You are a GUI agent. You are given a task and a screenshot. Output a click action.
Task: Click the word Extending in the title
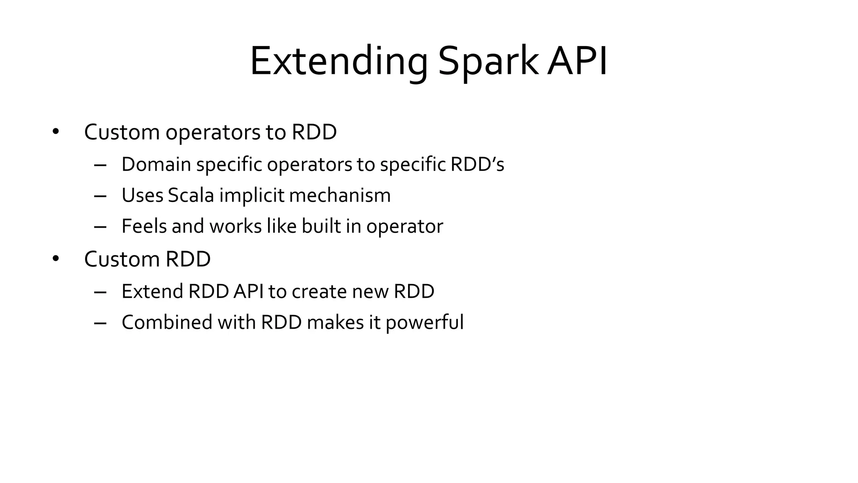339,62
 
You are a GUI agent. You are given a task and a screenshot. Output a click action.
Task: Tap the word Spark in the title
488,62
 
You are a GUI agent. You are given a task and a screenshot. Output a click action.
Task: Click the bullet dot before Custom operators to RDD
56,132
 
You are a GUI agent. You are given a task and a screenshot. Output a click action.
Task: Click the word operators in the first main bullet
213,132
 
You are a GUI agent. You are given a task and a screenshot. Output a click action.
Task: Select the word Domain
156,164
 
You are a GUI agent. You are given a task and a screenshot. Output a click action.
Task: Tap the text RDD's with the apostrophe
477,164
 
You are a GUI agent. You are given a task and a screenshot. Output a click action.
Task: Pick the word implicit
252,195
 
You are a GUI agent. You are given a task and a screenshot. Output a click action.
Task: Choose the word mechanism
340,195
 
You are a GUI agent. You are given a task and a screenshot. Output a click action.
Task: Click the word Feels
144,226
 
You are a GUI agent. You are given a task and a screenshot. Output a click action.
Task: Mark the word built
321,226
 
